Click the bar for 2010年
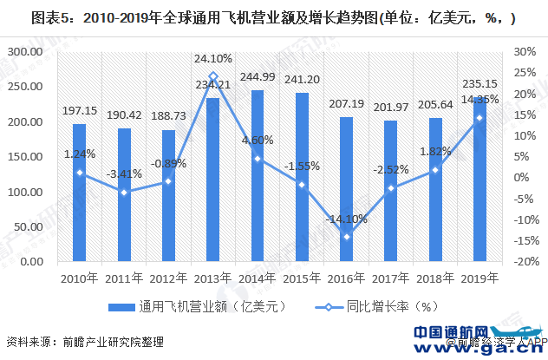pyautogui.click(x=79, y=193)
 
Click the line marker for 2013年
pyautogui.click(x=213, y=76)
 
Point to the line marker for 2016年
pyautogui.click(x=348, y=237)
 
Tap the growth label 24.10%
pyautogui.click(x=213, y=59)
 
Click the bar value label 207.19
pyautogui.click(x=348, y=105)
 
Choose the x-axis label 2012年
pyautogui.click(x=168, y=277)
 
